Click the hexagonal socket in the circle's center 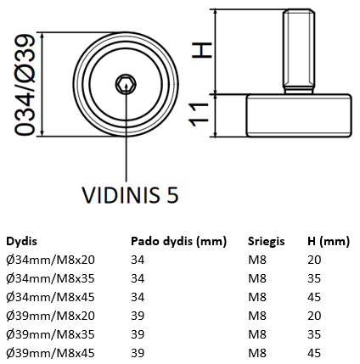127,84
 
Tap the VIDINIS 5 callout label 129,195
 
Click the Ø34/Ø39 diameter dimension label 26,85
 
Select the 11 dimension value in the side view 200,115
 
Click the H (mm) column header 328,241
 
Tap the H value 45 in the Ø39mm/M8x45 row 315,351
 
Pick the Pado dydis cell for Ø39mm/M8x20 138,315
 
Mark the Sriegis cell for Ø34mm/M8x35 256,278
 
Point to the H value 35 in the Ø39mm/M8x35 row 315,333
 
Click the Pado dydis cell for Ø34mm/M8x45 138,296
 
